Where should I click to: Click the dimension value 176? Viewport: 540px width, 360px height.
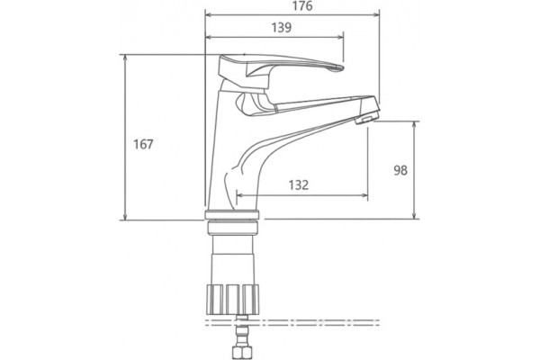302,6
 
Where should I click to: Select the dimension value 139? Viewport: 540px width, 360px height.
282,28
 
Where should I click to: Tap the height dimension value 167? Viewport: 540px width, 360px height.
143,144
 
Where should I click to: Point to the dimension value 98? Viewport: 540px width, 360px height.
400,170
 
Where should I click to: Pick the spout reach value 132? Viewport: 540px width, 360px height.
299,185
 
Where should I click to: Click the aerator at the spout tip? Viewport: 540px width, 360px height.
366,118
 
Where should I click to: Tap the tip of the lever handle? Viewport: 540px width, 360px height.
343,67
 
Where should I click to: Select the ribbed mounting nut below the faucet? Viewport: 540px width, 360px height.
232,299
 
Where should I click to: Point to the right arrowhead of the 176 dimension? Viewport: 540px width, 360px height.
376,14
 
